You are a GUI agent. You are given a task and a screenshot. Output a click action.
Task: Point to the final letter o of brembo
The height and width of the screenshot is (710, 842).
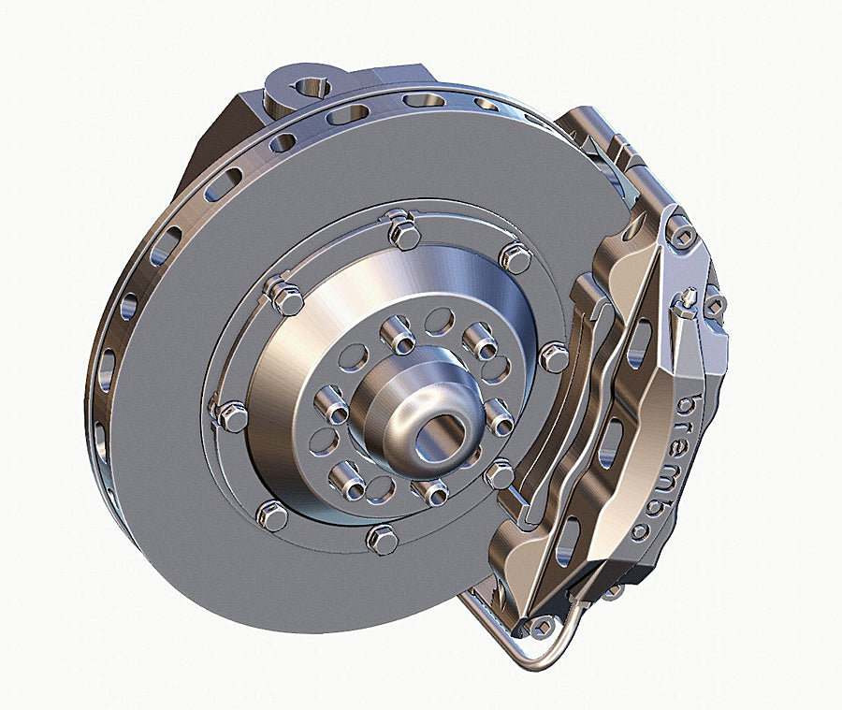[642, 530]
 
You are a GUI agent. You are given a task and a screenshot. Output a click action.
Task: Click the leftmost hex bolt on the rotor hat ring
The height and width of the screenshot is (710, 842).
[230, 414]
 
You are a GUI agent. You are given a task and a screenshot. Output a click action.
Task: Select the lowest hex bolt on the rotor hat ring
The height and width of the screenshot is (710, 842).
[382, 538]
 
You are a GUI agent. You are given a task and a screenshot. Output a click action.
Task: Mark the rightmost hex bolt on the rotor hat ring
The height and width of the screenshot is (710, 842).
[554, 356]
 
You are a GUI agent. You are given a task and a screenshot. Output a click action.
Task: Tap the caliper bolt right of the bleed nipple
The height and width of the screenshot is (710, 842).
[716, 305]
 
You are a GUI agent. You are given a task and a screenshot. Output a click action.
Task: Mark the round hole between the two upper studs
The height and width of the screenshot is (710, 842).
[438, 322]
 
